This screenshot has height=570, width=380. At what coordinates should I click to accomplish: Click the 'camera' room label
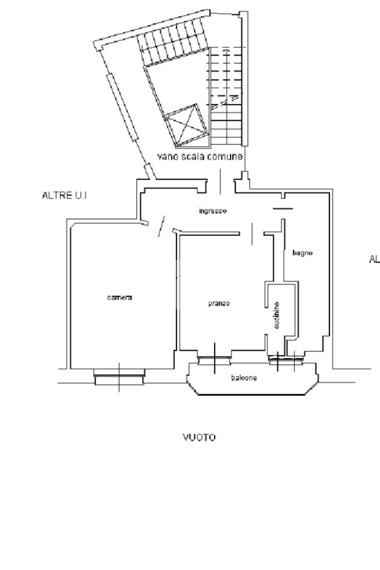click(x=120, y=298)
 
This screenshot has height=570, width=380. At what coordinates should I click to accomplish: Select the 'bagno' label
click(x=303, y=253)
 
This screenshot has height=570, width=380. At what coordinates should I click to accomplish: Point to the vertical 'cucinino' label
click(x=277, y=315)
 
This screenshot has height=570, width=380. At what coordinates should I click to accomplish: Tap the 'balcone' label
click(x=244, y=378)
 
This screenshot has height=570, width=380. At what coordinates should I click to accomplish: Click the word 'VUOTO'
click(x=200, y=438)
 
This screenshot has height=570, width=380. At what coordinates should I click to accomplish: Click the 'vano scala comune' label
click(x=200, y=157)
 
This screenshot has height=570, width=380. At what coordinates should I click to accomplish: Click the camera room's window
click(x=119, y=376)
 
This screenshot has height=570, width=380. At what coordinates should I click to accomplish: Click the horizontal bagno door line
click(x=283, y=209)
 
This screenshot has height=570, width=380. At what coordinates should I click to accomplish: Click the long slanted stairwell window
click(x=121, y=106)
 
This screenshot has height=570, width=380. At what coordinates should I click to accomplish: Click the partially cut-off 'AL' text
click(x=374, y=259)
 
